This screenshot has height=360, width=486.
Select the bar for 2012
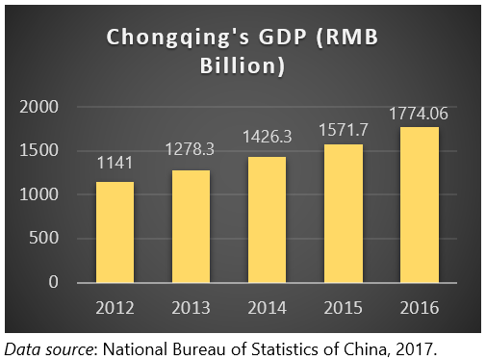115,232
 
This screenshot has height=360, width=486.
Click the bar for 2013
191,226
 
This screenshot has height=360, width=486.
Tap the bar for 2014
267,219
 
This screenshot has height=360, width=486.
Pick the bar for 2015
343,213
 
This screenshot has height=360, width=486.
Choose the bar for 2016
419,204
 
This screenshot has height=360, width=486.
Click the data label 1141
115,165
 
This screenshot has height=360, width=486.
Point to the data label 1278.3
191,152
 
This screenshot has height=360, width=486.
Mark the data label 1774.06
419,114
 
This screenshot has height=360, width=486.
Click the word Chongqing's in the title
167,39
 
